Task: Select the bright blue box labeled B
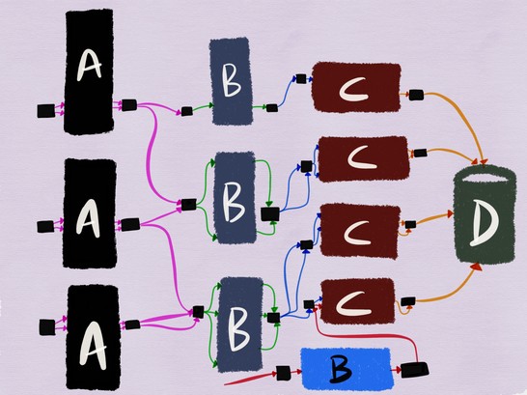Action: [x=347, y=369]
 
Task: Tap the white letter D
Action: [x=485, y=222]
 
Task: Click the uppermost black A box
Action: [x=89, y=71]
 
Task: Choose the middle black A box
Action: [x=90, y=213]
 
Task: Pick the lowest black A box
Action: [x=94, y=337]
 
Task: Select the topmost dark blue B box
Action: [x=232, y=81]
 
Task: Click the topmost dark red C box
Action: [x=356, y=87]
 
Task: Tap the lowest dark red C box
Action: [x=357, y=301]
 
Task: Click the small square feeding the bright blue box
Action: [x=283, y=373]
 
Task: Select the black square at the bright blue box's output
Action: [x=415, y=370]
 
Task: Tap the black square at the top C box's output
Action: [x=416, y=95]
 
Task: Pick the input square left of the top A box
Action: [x=46, y=111]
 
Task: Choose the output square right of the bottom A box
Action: [x=132, y=324]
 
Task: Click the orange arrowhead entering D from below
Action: [x=476, y=267]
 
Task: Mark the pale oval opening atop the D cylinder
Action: [x=485, y=178]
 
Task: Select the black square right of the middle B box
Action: [x=270, y=213]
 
